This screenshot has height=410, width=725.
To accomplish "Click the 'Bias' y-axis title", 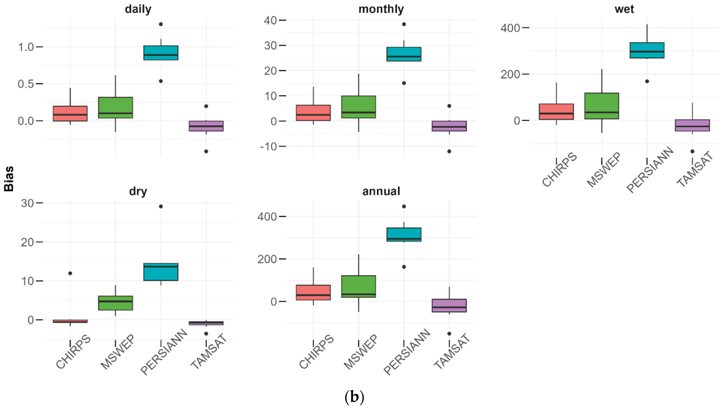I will point(9,179).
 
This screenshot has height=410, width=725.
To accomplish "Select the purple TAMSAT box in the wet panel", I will point(692,125).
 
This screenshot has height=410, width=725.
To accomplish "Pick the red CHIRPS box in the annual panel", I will point(313,292).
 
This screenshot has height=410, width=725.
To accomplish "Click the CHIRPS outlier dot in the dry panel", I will point(70,273).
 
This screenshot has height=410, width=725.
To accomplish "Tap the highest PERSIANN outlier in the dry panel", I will point(161,206).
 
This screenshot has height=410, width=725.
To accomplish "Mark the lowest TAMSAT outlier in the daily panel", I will point(206,151).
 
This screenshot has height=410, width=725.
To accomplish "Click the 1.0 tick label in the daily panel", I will point(26,47).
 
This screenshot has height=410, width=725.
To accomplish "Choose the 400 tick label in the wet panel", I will point(510,28).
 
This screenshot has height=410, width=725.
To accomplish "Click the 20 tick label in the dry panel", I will point(27,242).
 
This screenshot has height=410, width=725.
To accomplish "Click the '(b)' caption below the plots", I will point(354,397).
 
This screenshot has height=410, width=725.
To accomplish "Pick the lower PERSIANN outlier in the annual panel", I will point(404,267).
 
